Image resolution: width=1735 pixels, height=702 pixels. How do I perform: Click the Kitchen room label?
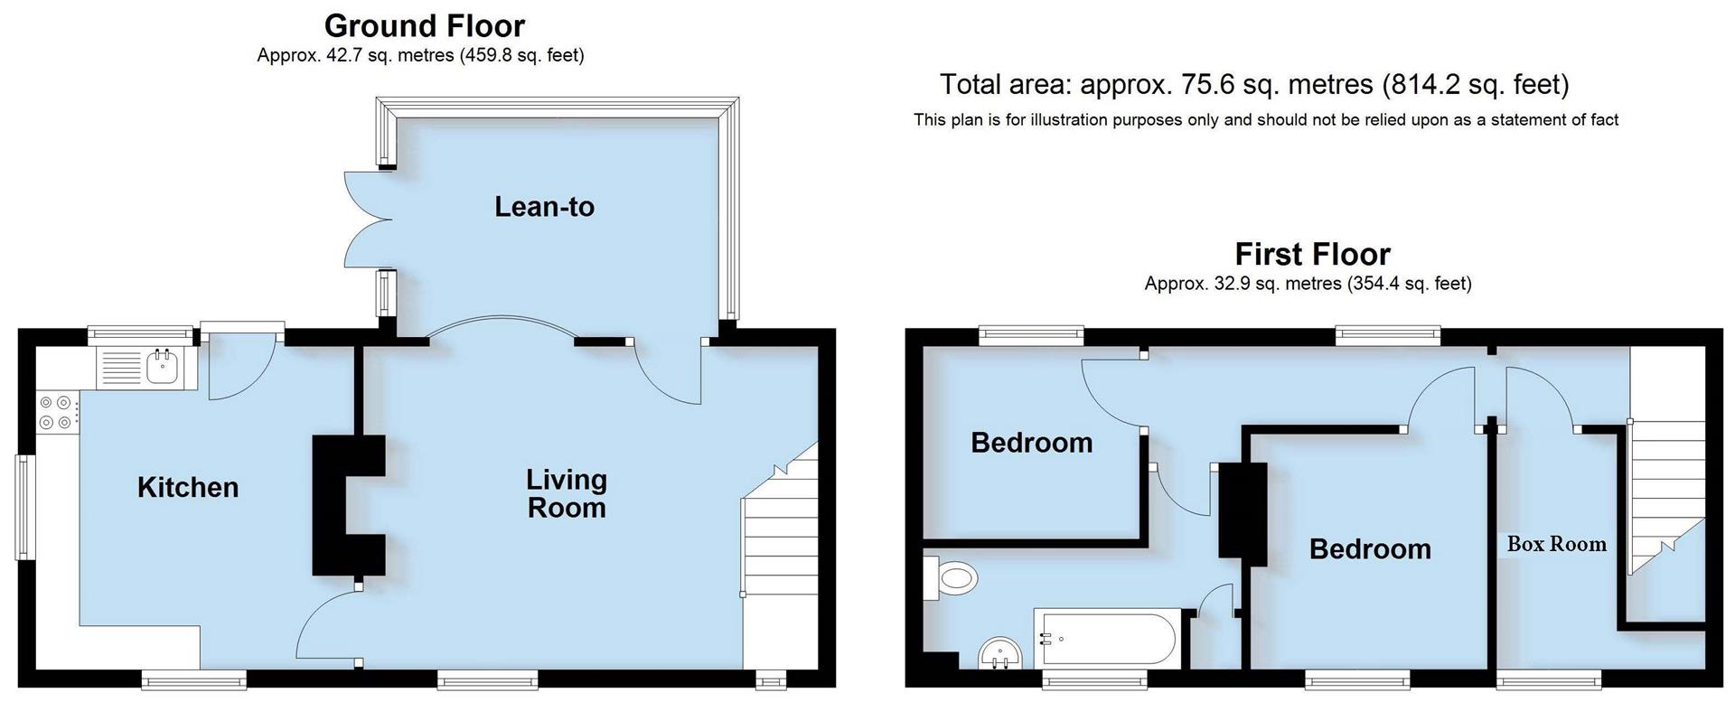(188, 488)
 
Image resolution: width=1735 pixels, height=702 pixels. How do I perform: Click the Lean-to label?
(544, 207)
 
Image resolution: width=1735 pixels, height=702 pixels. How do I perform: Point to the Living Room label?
(567, 493)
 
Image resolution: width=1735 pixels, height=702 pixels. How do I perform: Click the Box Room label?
(1556, 544)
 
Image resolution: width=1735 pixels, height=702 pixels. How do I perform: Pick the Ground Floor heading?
(424, 25)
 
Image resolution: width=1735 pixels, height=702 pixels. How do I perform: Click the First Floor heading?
(1312, 254)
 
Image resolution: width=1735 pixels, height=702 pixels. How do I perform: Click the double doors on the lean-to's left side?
(365, 220)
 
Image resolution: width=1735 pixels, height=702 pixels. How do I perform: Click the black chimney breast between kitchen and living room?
(347, 505)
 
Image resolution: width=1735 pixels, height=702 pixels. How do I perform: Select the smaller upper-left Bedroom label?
(1031, 443)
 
